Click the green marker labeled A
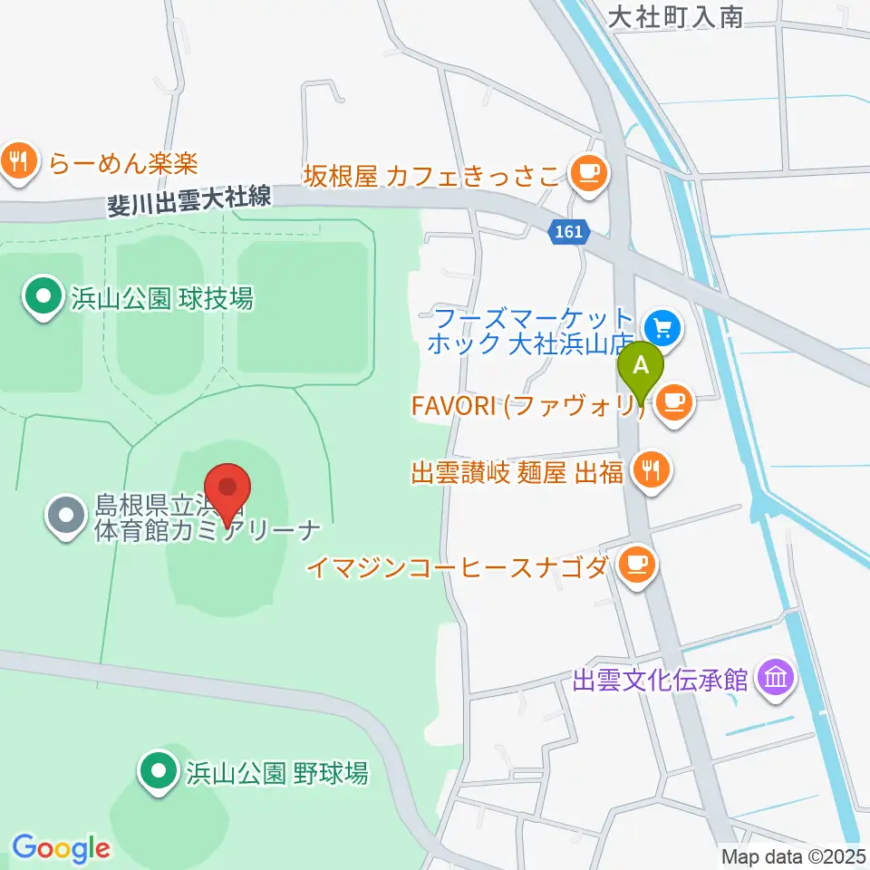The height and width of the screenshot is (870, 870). click(x=641, y=367)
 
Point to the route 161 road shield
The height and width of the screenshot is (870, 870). click(x=568, y=232)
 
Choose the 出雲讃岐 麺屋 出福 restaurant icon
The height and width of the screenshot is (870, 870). click(x=651, y=469)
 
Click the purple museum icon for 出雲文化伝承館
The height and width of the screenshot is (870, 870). click(x=777, y=676)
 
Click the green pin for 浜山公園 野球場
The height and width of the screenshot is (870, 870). click(x=159, y=771)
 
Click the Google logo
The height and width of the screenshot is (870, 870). click(x=61, y=848)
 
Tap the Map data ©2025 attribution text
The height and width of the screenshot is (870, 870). click(x=792, y=855)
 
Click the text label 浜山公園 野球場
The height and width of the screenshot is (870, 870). click(x=276, y=773)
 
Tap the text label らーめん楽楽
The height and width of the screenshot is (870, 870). click(x=123, y=163)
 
